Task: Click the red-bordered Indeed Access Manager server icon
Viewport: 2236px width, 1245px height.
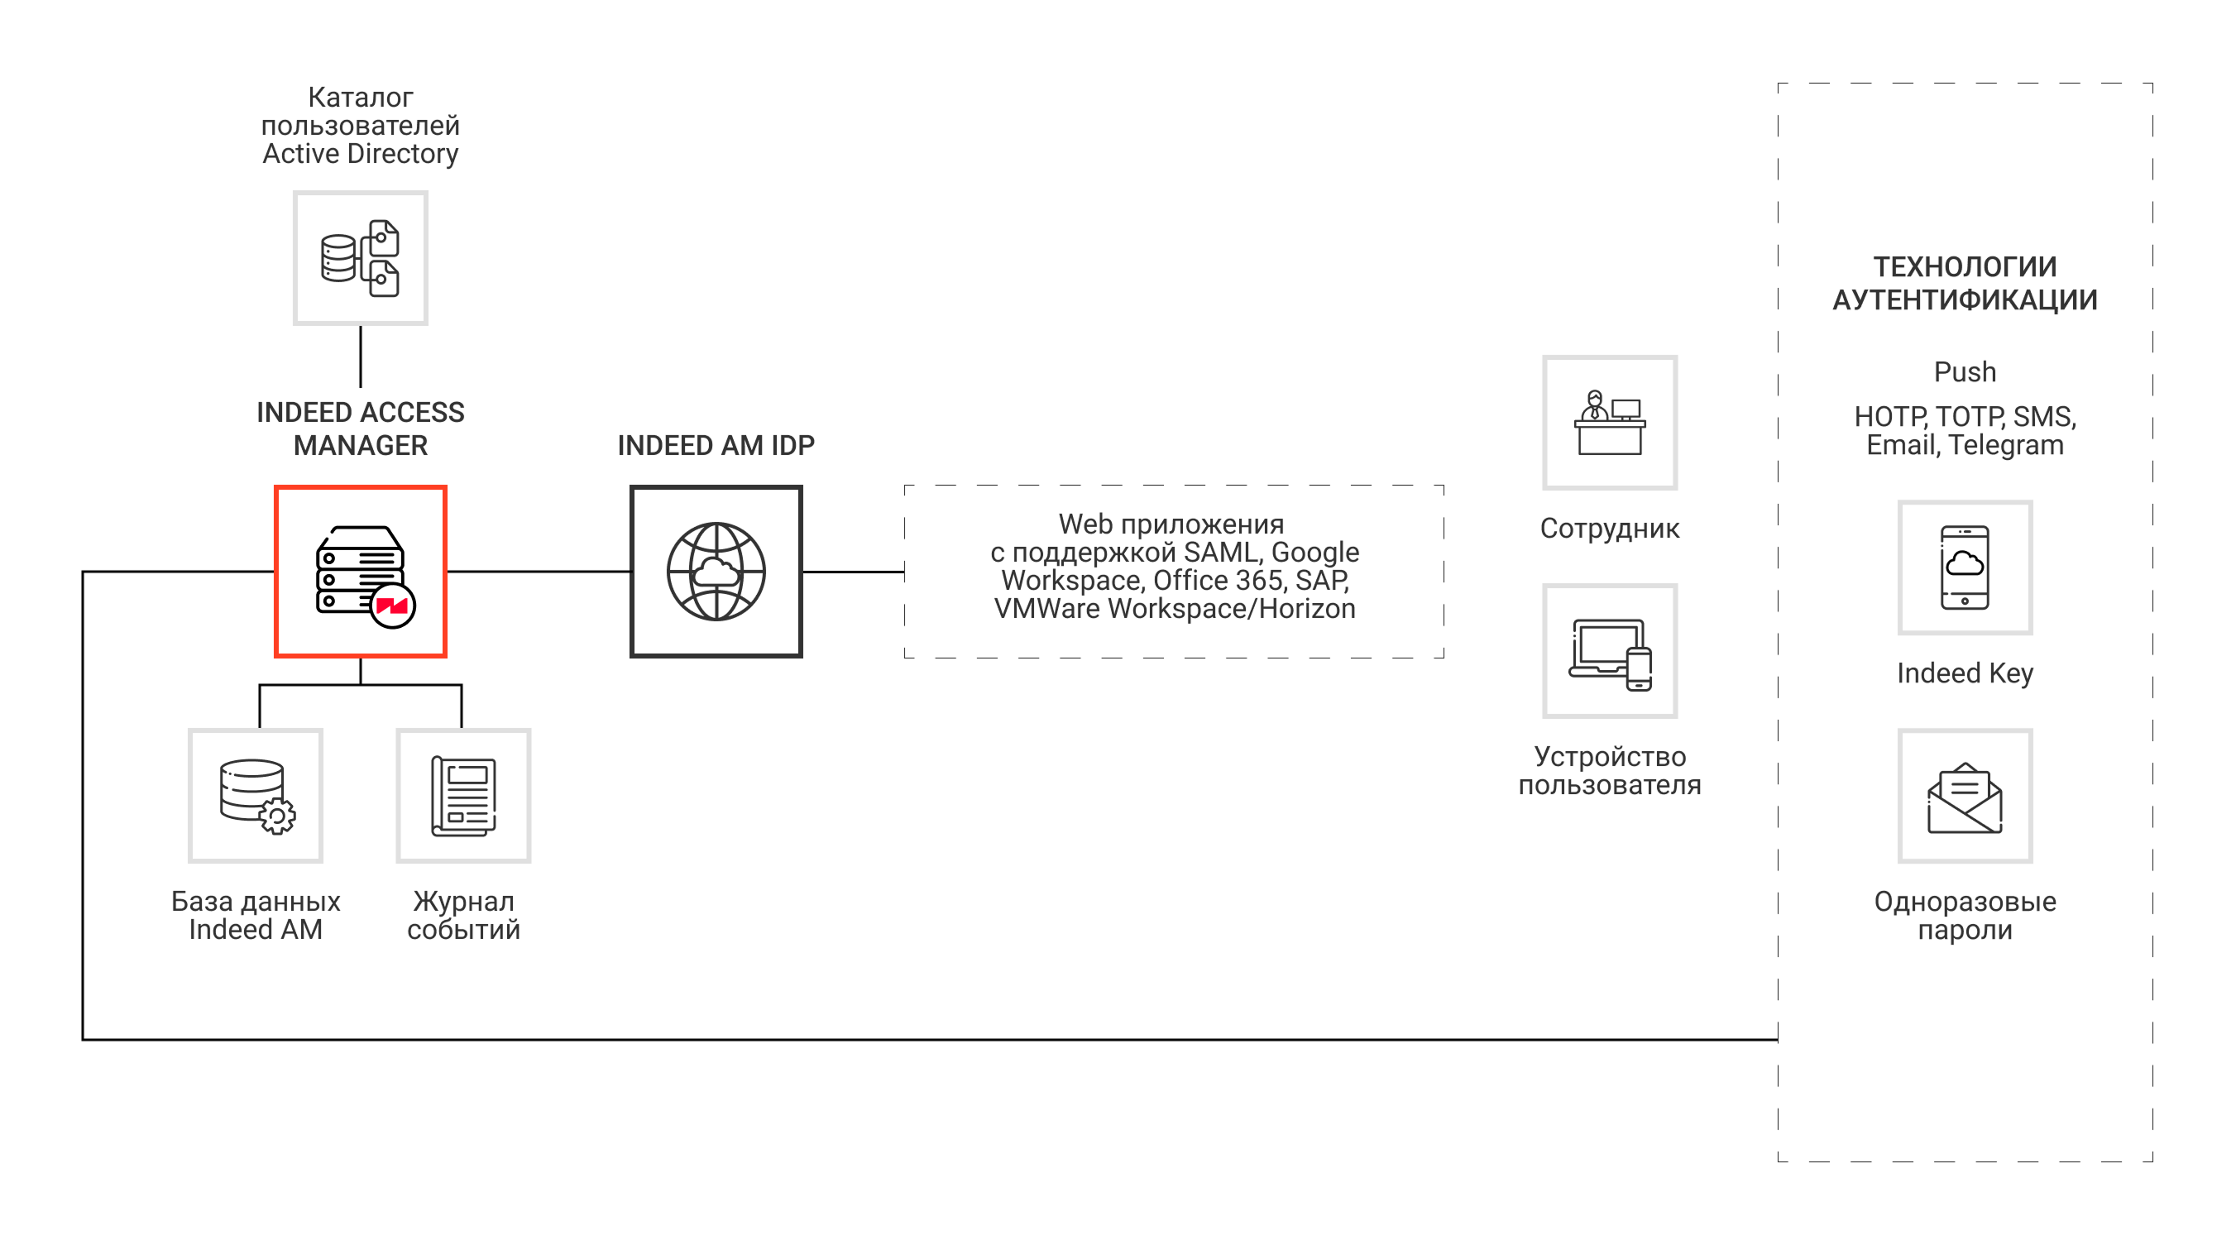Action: click(x=359, y=571)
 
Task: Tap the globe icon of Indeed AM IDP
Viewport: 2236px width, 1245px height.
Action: click(x=716, y=571)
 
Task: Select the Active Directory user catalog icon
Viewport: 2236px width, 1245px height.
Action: click(x=359, y=258)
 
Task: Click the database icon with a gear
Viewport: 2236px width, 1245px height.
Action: click(x=256, y=795)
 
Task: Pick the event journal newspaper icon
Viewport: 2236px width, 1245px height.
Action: click(x=463, y=795)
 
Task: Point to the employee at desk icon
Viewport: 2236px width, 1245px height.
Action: click(x=1609, y=422)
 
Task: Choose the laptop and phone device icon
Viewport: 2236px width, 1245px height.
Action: click(x=1609, y=651)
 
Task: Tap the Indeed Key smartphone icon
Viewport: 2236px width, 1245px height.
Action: click(x=1965, y=567)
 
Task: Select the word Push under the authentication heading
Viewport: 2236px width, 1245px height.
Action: click(x=1965, y=371)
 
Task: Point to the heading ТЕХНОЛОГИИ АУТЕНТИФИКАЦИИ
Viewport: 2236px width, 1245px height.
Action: click(x=1965, y=283)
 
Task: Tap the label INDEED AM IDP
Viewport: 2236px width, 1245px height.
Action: click(x=716, y=445)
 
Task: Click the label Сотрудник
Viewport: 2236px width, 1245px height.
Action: click(x=1609, y=528)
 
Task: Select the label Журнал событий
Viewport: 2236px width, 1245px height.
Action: click(x=463, y=915)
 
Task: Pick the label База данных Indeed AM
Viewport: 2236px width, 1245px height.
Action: click(x=256, y=915)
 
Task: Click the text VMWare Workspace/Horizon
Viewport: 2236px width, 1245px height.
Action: click(x=1174, y=609)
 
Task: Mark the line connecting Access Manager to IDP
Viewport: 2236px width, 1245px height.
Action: click(x=539, y=572)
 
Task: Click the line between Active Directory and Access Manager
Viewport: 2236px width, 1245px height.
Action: click(x=360, y=356)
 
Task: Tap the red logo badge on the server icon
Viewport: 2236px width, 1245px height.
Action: click(x=392, y=606)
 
